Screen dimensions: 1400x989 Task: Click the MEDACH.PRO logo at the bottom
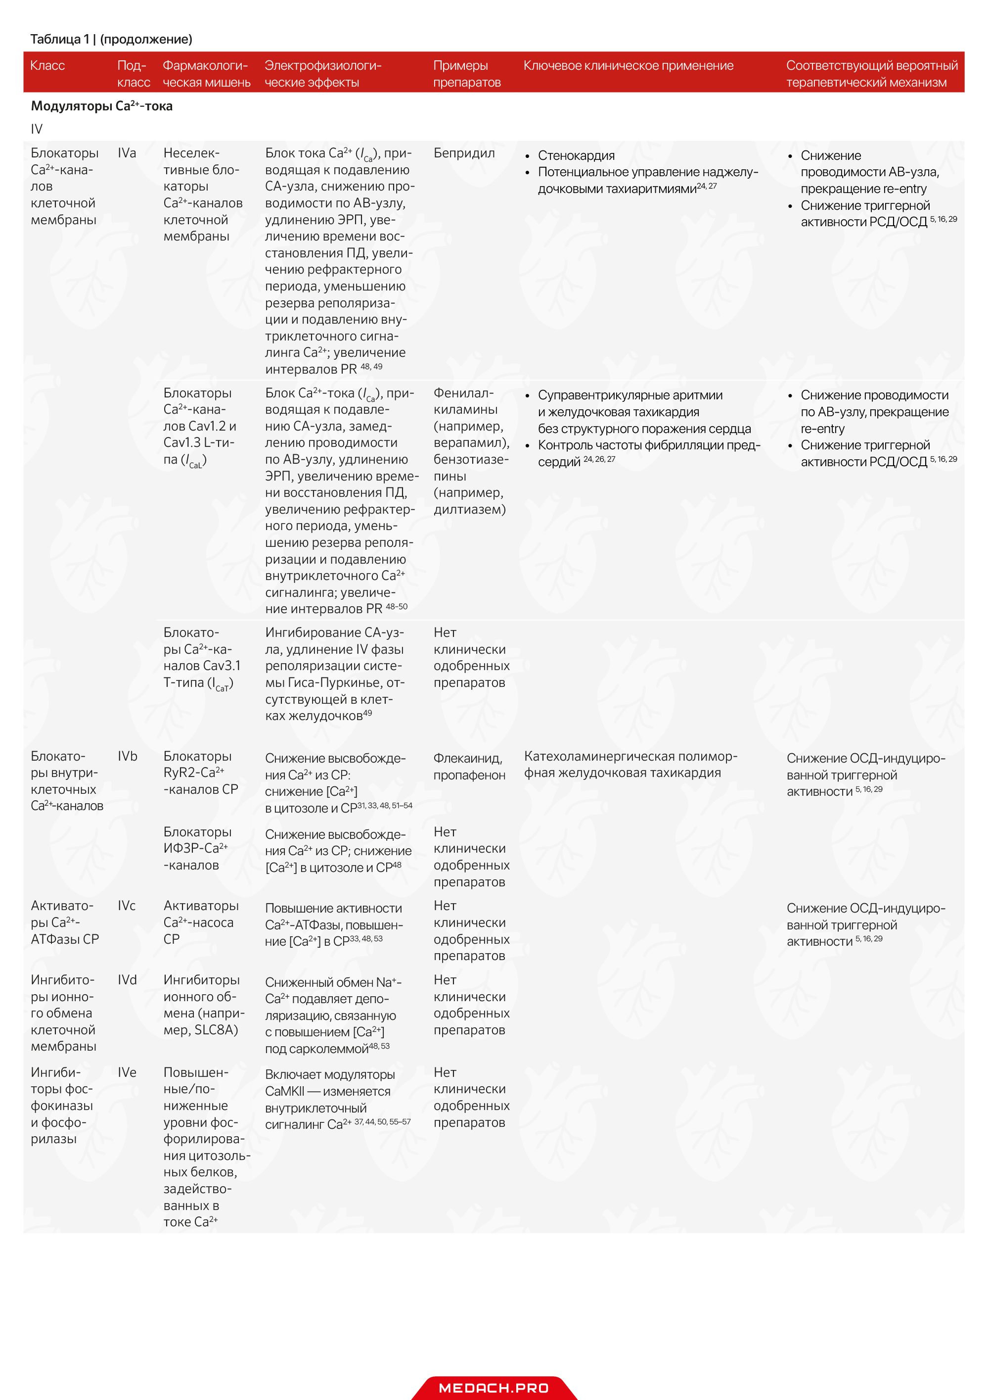(494, 1388)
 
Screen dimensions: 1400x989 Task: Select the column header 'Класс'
(47, 66)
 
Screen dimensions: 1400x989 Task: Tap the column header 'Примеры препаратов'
(467, 74)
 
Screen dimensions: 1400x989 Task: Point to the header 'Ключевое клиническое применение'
(628, 66)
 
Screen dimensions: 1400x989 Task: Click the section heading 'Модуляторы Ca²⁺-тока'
(102, 106)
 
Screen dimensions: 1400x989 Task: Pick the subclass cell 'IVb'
(128, 756)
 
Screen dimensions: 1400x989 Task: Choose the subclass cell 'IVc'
(127, 906)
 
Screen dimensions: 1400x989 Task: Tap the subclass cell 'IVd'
(127, 980)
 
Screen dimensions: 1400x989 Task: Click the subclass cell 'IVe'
(127, 1072)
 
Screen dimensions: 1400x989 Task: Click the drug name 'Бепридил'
(464, 153)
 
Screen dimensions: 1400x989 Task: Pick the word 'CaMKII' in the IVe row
(284, 1092)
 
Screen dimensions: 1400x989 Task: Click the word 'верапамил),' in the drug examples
(471, 443)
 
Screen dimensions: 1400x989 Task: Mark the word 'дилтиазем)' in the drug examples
(469, 509)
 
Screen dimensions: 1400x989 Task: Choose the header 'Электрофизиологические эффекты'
(323, 74)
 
